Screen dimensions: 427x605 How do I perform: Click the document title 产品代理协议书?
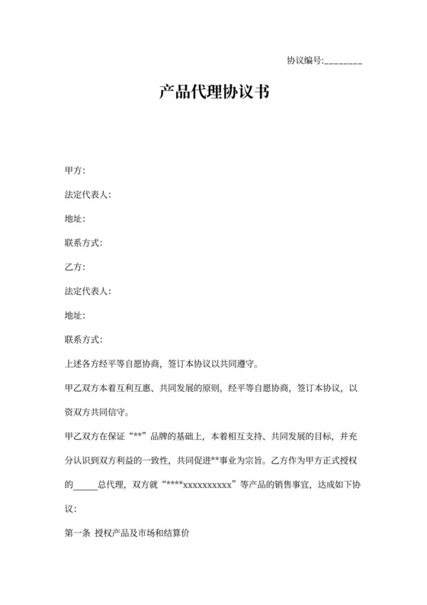click(x=213, y=94)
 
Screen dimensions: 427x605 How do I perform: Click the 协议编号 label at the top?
click(x=305, y=60)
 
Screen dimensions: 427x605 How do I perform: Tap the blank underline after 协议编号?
click(x=343, y=62)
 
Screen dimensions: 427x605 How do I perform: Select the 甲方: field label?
click(x=75, y=170)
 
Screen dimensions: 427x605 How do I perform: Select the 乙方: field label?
click(x=75, y=267)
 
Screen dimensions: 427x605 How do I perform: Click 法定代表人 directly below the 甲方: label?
click(x=88, y=194)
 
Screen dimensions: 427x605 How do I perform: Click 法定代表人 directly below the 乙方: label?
click(x=88, y=292)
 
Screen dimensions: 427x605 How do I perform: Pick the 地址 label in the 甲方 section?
click(x=75, y=218)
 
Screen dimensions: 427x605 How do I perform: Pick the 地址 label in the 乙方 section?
click(x=75, y=316)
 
